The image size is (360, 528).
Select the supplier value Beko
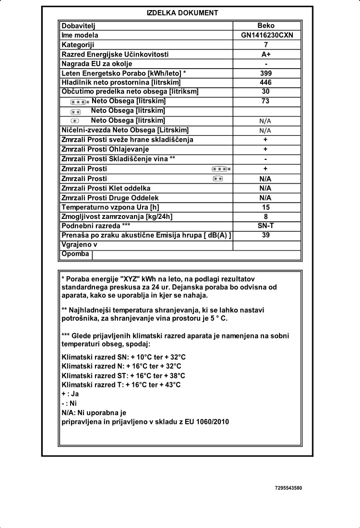265,26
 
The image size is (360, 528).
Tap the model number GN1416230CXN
265,36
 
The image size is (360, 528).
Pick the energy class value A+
265,54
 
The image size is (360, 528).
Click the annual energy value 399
265,73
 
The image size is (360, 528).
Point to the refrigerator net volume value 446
265,82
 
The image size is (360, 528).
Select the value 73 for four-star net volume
265,101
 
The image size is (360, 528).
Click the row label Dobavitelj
79,26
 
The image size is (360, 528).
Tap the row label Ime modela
80,36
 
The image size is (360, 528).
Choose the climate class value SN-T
265,225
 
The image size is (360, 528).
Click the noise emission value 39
265,235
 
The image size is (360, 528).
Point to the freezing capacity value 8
265,216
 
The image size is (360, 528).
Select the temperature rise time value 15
265,207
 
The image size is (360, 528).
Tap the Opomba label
75,254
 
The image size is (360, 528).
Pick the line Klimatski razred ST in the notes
123,375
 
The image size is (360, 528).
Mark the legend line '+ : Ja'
70,394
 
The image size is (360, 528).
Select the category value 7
265,45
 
